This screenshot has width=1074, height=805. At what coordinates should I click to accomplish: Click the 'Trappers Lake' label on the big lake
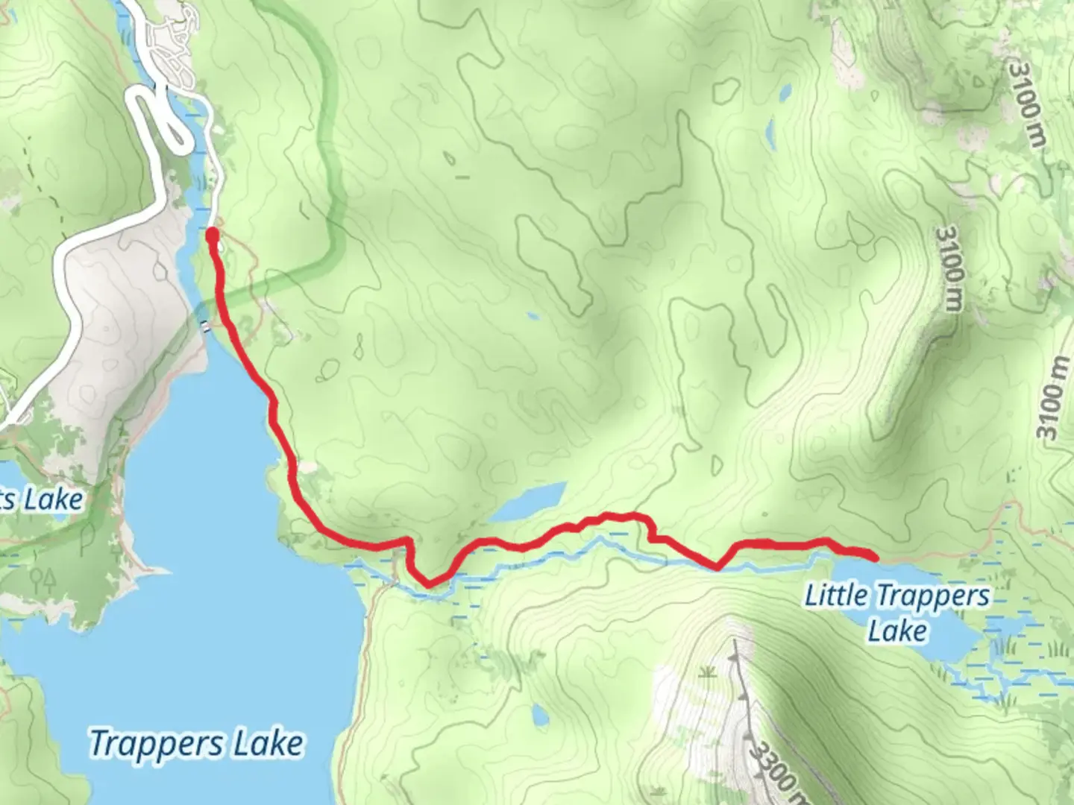(197, 743)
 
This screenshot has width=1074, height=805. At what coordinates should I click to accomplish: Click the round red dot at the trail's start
(212, 236)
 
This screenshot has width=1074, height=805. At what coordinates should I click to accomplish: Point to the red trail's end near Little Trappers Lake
(873, 556)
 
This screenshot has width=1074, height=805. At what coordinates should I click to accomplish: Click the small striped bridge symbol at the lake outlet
(204, 325)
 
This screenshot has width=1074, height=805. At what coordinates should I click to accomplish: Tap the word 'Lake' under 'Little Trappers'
(897, 631)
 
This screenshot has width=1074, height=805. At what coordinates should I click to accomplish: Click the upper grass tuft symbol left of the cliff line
(704, 674)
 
